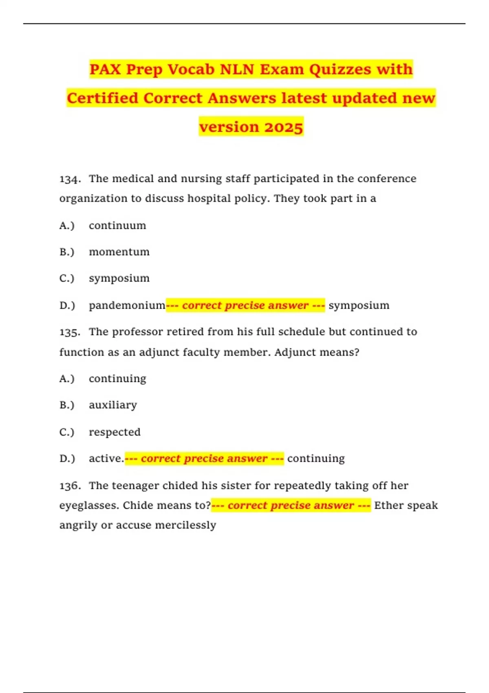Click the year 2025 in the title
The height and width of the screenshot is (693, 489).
(284, 127)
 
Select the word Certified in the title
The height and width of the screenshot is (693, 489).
(103, 98)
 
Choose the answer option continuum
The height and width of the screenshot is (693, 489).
(117, 225)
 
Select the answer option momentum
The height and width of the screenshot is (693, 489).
(119, 252)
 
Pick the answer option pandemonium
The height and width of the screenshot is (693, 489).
(127, 305)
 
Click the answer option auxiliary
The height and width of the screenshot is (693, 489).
(113, 405)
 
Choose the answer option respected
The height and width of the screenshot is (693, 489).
(115, 432)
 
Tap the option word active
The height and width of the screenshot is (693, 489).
(106, 459)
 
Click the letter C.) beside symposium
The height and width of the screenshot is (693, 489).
(67, 278)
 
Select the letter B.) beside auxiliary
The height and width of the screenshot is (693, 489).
(67, 405)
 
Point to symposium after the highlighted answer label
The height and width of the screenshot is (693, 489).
(359, 305)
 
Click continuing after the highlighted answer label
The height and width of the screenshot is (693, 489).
(316, 459)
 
